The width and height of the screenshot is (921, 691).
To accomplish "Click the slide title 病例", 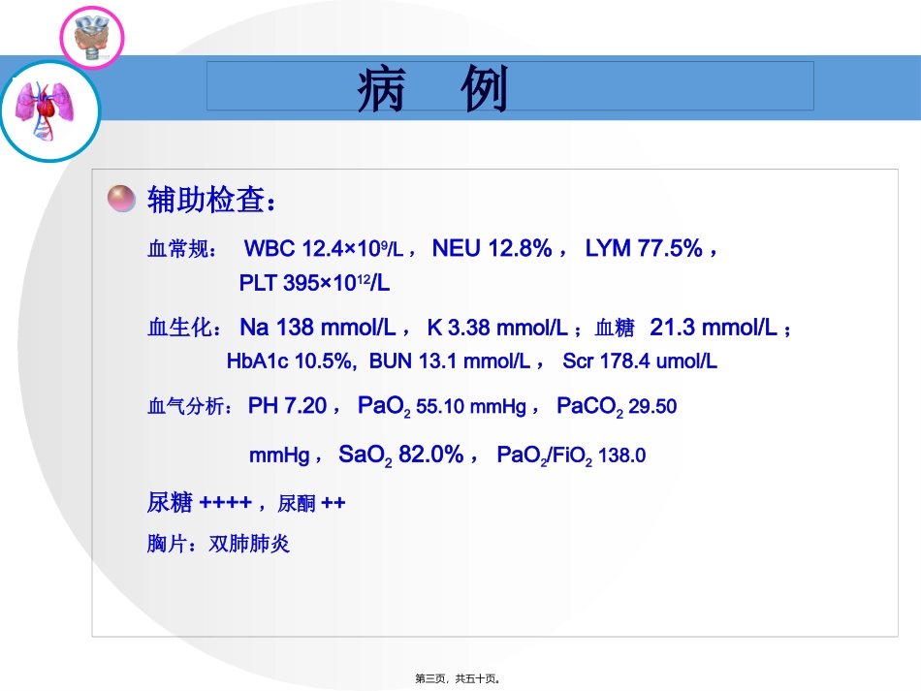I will point(432,92).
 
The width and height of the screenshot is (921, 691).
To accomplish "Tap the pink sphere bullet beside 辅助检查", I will point(120,199).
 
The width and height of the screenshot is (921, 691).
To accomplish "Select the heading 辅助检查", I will point(211,200).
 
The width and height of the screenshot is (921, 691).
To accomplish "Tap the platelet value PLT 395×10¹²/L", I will point(314,283).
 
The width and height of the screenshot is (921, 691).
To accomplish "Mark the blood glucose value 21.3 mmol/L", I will point(715,328).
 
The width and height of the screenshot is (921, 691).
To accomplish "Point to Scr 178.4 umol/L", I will point(640,361).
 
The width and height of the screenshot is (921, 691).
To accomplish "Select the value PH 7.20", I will point(287,405).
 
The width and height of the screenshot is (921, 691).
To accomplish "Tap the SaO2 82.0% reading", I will point(401,454).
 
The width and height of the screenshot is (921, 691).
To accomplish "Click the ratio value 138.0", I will point(622,455).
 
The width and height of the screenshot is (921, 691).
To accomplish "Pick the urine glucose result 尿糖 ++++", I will point(199,503).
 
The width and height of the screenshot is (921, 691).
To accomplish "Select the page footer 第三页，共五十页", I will point(457,679).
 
